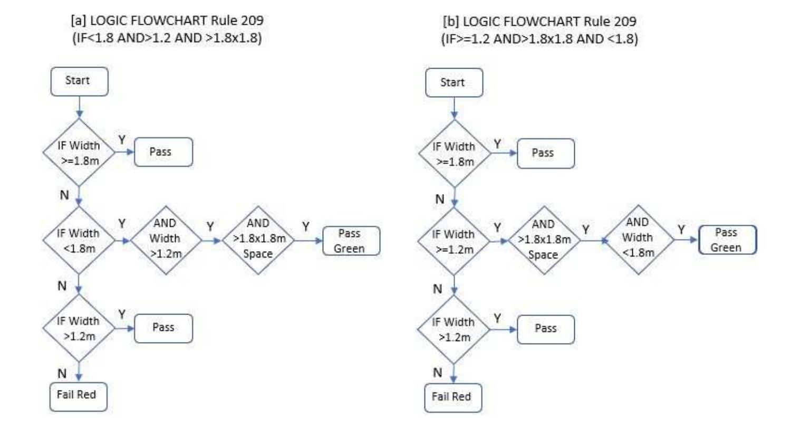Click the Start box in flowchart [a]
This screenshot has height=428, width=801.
pyautogui.click(x=79, y=81)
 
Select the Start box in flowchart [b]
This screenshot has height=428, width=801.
pyautogui.click(x=453, y=83)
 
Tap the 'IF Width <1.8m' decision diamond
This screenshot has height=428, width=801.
pyautogui.click(x=79, y=240)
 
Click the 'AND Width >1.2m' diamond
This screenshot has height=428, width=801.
pyautogui.click(x=166, y=239)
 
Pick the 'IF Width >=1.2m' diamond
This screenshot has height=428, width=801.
pyautogui.click(x=453, y=241)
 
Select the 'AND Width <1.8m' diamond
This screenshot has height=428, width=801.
pyautogui.click(x=638, y=239)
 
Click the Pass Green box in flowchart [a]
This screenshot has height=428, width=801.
pyautogui.click(x=351, y=241)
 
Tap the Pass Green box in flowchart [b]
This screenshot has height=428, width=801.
pyautogui.click(x=727, y=240)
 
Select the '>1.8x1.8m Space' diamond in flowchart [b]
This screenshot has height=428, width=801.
pyautogui.click(x=544, y=240)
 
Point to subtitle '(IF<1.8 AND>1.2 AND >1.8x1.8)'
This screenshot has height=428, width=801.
pyautogui.click(x=167, y=39)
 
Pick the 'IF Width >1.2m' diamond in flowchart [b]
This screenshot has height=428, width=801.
pyautogui.click(x=453, y=329)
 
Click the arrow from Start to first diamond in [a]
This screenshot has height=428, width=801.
pyautogui.click(x=79, y=108)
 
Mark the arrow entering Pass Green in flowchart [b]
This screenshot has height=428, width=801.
pyautogui.click(x=687, y=240)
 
